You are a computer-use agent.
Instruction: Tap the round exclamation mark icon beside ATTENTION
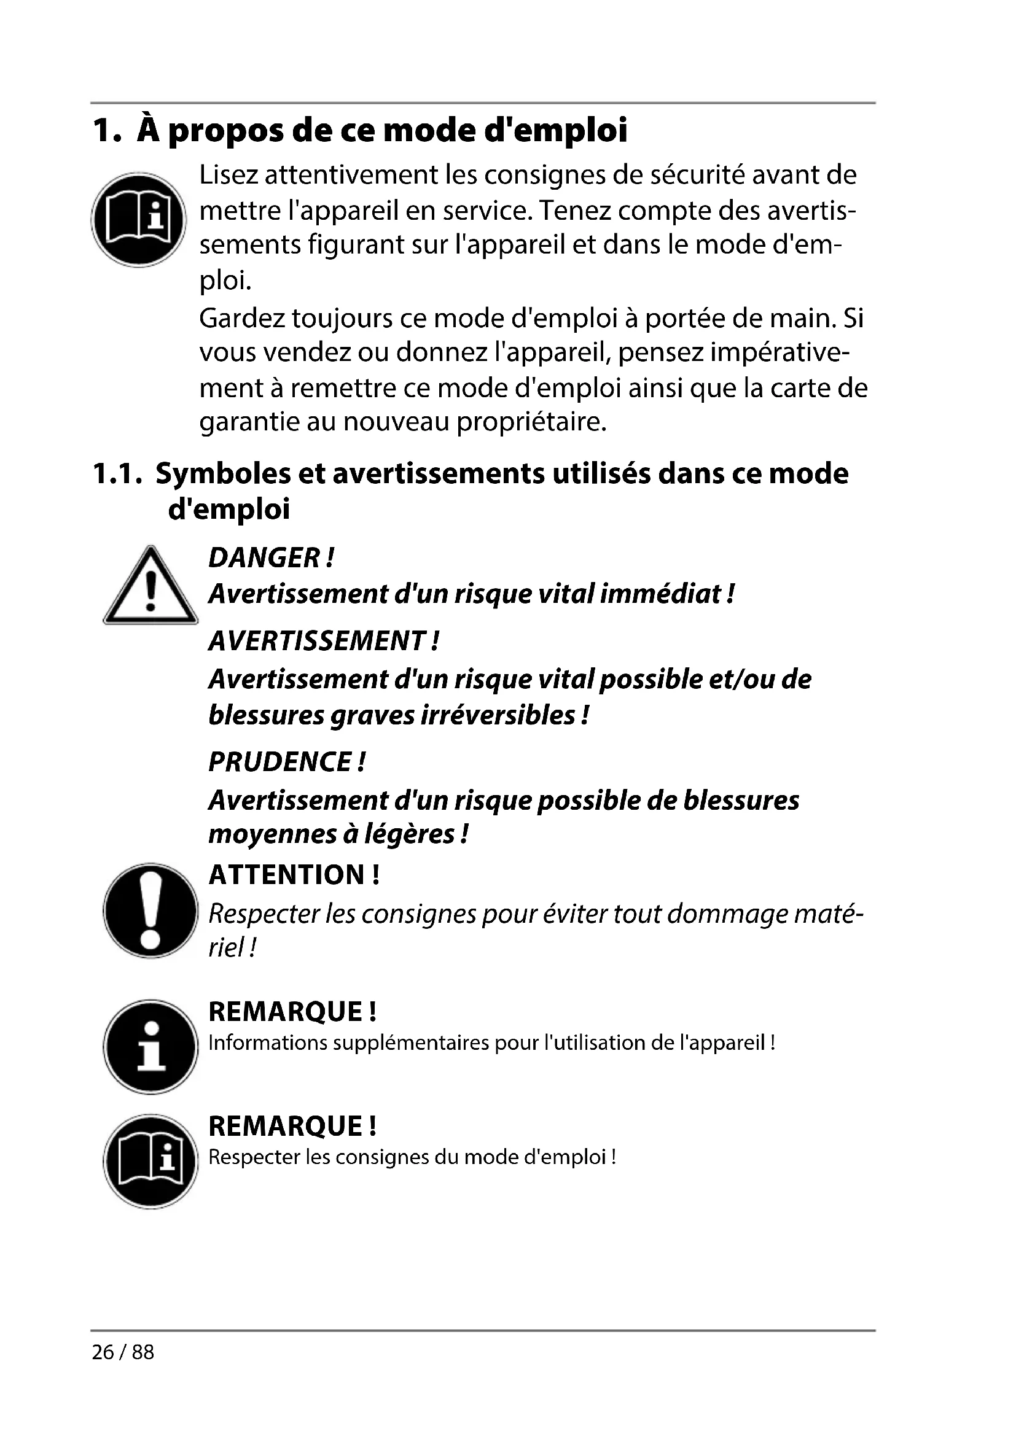(x=150, y=910)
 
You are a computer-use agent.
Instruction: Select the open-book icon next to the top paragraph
(x=138, y=220)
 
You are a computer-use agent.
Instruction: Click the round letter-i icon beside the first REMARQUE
(x=150, y=1047)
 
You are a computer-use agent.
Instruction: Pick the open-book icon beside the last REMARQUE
(x=150, y=1162)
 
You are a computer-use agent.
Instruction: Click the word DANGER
(x=264, y=558)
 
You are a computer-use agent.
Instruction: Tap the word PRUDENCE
(x=279, y=762)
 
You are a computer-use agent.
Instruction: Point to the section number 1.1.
(x=114, y=473)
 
